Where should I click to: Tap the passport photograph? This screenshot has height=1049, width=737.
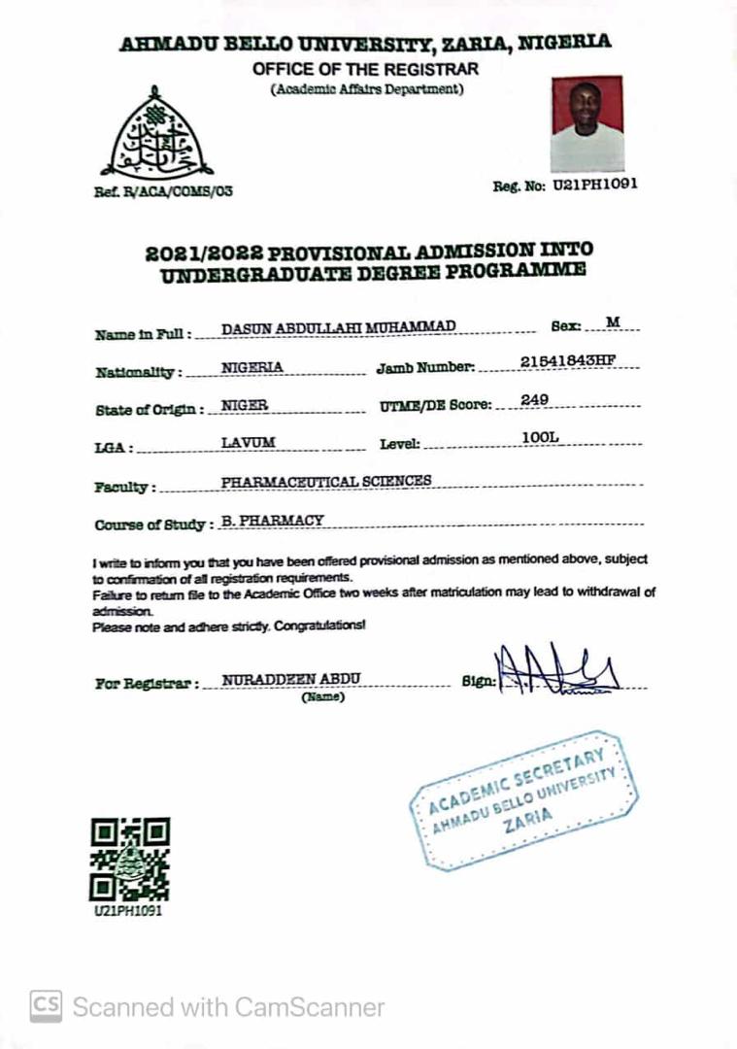[x=586, y=123]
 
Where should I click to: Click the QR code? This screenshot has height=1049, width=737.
[x=130, y=860]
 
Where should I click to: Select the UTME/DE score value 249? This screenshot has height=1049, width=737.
[x=535, y=399]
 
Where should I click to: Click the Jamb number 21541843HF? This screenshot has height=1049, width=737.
[x=568, y=360]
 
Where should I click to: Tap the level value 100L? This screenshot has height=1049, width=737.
[x=540, y=438]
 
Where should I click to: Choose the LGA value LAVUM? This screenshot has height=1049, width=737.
[x=248, y=442]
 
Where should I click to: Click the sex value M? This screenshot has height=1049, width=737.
[x=612, y=321]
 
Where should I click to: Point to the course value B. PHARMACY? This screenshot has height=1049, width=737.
[x=272, y=521]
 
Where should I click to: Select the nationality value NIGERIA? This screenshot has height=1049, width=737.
[x=251, y=367]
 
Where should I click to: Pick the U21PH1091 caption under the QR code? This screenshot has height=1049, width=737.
[x=127, y=912]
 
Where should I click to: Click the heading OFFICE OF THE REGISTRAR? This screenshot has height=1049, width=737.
[x=365, y=69]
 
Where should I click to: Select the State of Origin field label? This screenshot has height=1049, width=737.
[x=150, y=410]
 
